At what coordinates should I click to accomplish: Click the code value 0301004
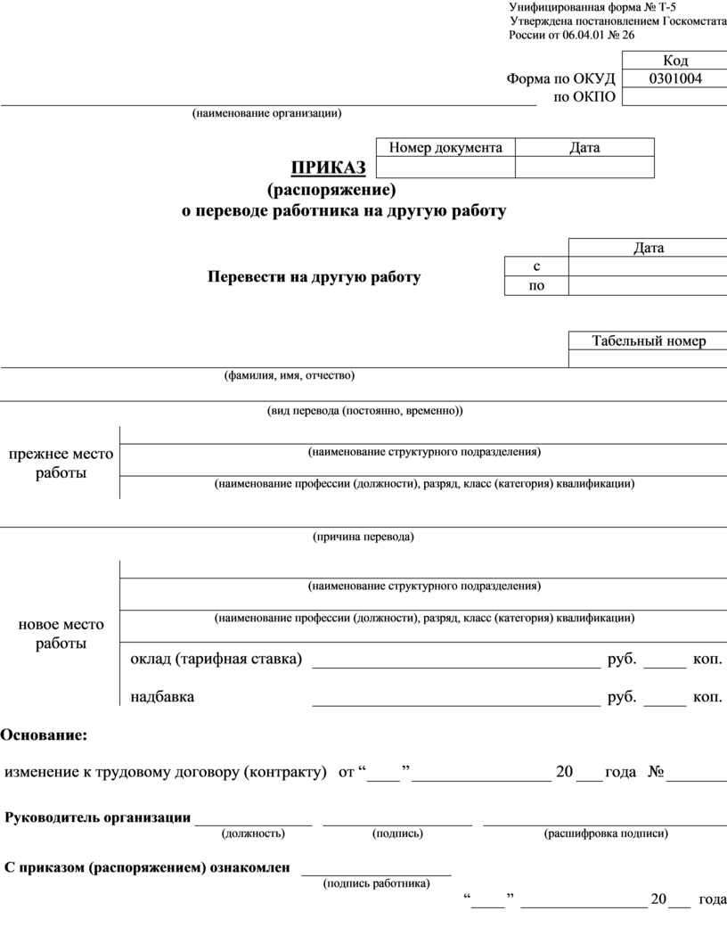point(674,78)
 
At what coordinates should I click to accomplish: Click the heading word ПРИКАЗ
point(328,168)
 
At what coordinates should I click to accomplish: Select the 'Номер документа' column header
point(445,147)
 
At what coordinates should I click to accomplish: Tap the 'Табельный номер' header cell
point(648,340)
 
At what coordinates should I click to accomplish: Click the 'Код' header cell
point(674,61)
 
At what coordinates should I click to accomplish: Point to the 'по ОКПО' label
point(584,96)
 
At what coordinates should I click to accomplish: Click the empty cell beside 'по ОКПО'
point(674,97)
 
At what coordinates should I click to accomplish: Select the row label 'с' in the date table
point(536,267)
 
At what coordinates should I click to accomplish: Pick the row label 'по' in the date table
point(536,286)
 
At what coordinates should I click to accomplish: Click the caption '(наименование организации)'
point(266,113)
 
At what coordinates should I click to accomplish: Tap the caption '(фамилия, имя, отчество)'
point(289,375)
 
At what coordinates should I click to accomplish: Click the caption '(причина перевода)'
point(363,537)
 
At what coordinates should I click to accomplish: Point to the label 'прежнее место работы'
point(61,463)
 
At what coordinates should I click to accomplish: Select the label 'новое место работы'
point(61,634)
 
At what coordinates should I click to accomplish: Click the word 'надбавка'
point(162,697)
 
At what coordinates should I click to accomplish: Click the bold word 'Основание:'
point(44,735)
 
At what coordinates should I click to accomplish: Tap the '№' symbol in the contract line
point(657,772)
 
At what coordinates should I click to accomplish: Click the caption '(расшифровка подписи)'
point(605,833)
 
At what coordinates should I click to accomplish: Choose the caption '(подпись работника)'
point(376,883)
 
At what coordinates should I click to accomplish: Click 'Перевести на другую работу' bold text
point(314,277)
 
